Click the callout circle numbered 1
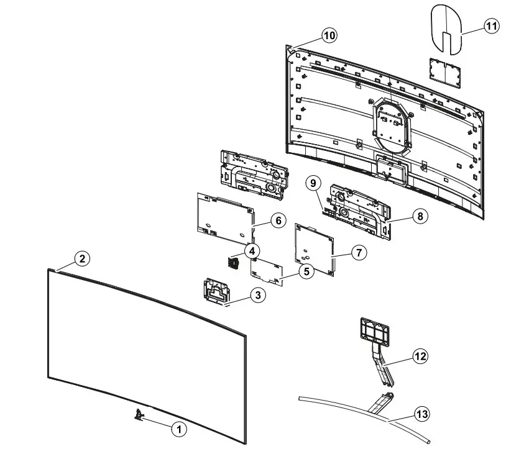click(x=178, y=429)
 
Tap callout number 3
click(x=258, y=295)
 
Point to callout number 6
click(x=278, y=220)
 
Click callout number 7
click(x=359, y=253)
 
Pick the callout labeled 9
click(x=313, y=183)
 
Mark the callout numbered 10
click(x=329, y=35)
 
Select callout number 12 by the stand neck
click(x=421, y=356)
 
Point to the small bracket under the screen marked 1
click(x=139, y=414)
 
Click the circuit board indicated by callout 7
click(x=315, y=249)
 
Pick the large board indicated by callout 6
click(x=226, y=217)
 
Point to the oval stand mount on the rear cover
click(x=391, y=125)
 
